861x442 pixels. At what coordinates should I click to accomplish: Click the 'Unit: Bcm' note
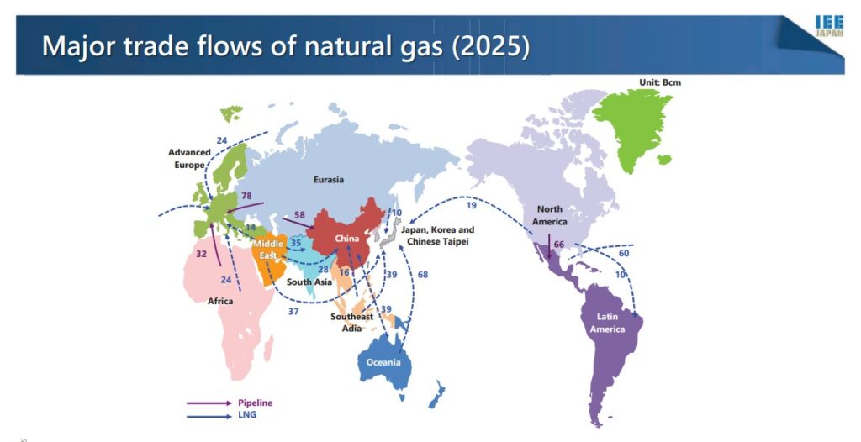pyautogui.click(x=660, y=82)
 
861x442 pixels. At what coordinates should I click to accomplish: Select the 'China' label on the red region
pyautogui.click(x=346, y=239)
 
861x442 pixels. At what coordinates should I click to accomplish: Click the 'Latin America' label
pyautogui.click(x=606, y=323)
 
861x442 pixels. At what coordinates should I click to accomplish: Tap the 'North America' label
pyautogui.click(x=550, y=216)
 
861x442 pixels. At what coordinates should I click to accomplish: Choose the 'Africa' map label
pyautogui.click(x=220, y=300)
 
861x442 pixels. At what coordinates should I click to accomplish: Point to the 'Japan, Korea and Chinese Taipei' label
pyautogui.click(x=436, y=235)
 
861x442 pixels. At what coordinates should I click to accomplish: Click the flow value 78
pyautogui.click(x=247, y=197)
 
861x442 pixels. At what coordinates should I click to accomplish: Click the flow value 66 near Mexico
pyautogui.click(x=559, y=245)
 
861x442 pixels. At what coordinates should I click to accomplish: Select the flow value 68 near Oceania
pyautogui.click(x=422, y=276)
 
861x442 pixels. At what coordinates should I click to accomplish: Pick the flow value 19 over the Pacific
pyautogui.click(x=471, y=205)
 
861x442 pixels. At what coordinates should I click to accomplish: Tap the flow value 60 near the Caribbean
pyautogui.click(x=623, y=253)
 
